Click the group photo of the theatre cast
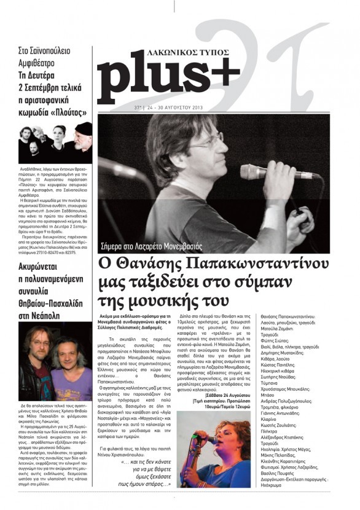click(55, 141)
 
